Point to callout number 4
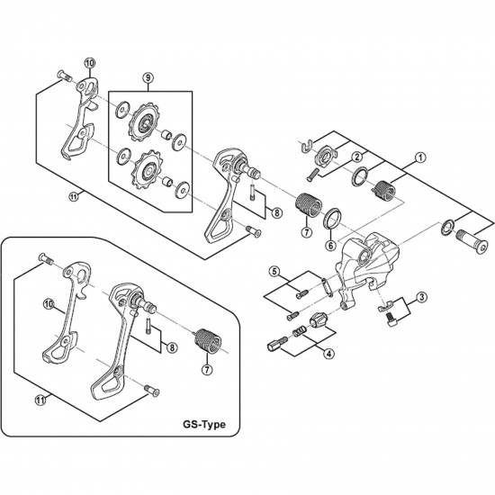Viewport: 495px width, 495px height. pyautogui.click(x=330, y=353)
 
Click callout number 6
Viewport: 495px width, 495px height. pyautogui.click(x=329, y=245)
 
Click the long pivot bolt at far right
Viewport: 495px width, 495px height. pyautogui.click(x=472, y=238)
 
